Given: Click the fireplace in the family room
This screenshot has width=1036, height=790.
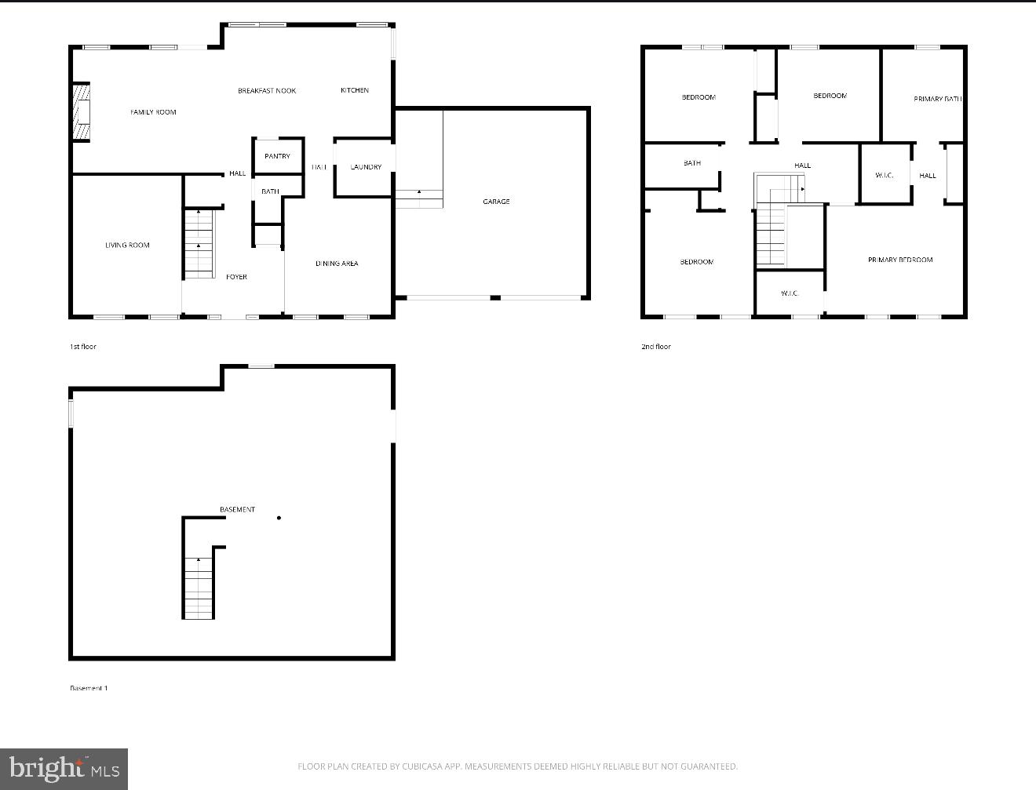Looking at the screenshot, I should (x=81, y=112).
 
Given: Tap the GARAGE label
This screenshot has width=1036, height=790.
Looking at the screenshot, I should (x=496, y=202).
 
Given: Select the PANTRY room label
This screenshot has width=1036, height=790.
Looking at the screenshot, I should (x=277, y=156).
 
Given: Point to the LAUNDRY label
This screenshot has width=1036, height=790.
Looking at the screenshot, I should (x=366, y=167).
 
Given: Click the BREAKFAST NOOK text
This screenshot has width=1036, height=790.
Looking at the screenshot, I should (x=267, y=91).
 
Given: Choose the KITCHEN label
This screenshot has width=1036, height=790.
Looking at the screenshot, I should (x=355, y=90).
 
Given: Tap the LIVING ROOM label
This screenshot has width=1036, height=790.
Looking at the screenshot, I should (x=127, y=246).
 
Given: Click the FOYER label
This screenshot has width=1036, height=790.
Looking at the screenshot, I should (x=236, y=277).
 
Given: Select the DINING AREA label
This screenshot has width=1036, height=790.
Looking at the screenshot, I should (x=337, y=264).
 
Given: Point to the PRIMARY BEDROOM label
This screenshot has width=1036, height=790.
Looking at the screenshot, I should (x=900, y=260).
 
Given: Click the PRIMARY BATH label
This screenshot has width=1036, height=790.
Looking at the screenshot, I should (x=937, y=99).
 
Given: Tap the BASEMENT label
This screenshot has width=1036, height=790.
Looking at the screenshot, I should (x=237, y=510).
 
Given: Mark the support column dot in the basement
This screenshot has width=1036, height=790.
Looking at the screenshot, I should (x=279, y=518).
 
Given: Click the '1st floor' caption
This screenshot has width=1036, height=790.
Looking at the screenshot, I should (x=83, y=347).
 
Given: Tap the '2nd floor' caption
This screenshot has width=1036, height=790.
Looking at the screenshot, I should (x=656, y=347).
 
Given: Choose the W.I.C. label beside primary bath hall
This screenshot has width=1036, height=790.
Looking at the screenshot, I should (x=884, y=175).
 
